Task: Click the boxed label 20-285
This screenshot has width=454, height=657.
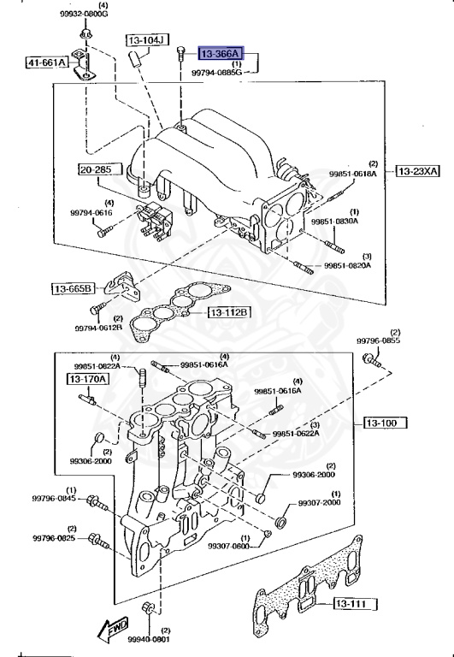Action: coord(97,169)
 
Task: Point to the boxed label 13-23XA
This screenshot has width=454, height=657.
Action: coord(417,171)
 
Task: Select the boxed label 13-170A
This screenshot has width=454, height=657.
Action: coord(88,377)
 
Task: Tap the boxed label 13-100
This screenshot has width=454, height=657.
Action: coord(382,422)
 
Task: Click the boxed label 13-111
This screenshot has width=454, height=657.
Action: coord(349,605)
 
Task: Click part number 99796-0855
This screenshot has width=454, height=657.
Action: coord(378,340)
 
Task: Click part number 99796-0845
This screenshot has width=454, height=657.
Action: coord(55,498)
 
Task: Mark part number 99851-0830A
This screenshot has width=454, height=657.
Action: coord(334,222)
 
